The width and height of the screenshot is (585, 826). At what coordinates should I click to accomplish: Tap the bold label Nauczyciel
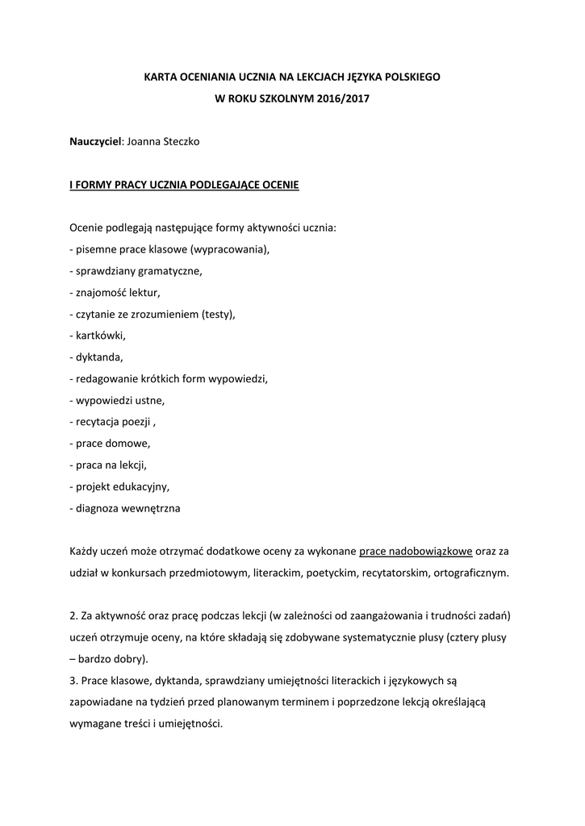(95, 142)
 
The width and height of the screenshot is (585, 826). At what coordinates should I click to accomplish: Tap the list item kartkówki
(101, 336)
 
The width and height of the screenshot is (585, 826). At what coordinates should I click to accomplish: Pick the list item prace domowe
(112, 444)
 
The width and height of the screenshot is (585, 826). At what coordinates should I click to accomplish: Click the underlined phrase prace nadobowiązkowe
(416, 552)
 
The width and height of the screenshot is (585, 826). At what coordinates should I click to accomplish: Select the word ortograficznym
(470, 573)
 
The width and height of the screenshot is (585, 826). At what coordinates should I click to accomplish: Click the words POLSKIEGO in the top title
(407, 77)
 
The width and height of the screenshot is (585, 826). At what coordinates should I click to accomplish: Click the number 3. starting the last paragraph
(73, 681)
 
